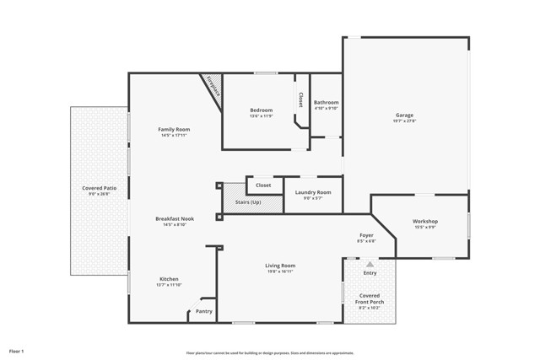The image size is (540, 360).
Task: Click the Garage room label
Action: [405, 116]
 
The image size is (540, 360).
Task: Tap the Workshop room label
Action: [425, 222]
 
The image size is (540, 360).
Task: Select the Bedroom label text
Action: [261, 110]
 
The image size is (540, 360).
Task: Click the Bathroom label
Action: [326, 102]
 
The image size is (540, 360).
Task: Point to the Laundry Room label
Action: [313, 192]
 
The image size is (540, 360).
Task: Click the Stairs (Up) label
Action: [247, 202]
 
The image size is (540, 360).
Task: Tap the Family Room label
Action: [175, 129]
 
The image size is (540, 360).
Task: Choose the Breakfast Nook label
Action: [175, 218]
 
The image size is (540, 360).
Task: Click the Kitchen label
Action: [170, 279]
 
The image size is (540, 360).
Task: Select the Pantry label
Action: [204, 311]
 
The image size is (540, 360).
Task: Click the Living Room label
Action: [281, 266]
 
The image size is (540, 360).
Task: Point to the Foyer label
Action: [366, 235]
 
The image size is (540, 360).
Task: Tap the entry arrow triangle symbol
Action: [370, 264]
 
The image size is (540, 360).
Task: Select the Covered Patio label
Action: [99, 188]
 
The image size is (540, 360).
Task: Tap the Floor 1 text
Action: [17, 350]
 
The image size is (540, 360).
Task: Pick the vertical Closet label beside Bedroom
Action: [300, 99]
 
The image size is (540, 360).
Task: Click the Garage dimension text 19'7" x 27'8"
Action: [405, 121]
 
